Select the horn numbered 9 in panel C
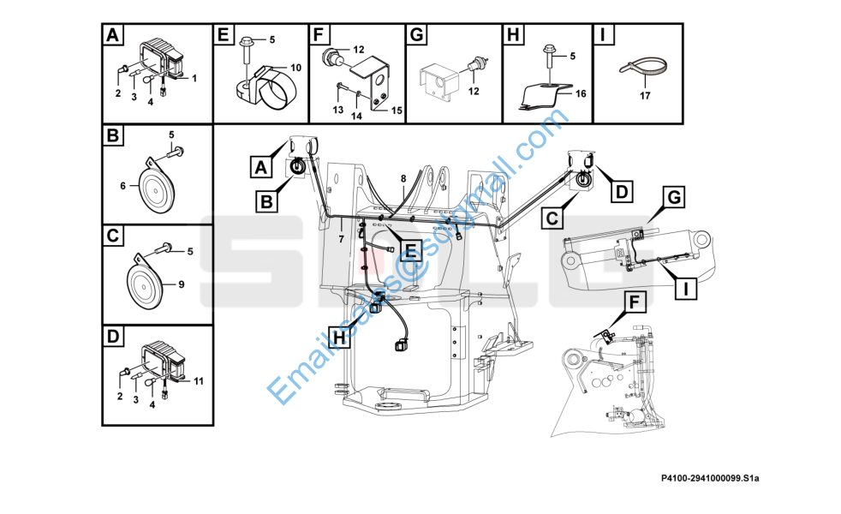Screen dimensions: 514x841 [x=145, y=283]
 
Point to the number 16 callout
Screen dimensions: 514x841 [x=580, y=93]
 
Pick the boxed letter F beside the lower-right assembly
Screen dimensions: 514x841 [x=635, y=302]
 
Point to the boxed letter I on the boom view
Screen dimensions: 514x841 [x=685, y=290]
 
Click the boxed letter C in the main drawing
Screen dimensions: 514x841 [x=552, y=219]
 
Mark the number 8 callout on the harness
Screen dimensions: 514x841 [x=403, y=178]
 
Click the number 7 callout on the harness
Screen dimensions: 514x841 [x=342, y=237]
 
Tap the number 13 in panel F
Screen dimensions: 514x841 [x=337, y=111]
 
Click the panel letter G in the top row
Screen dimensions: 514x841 [x=417, y=36]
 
